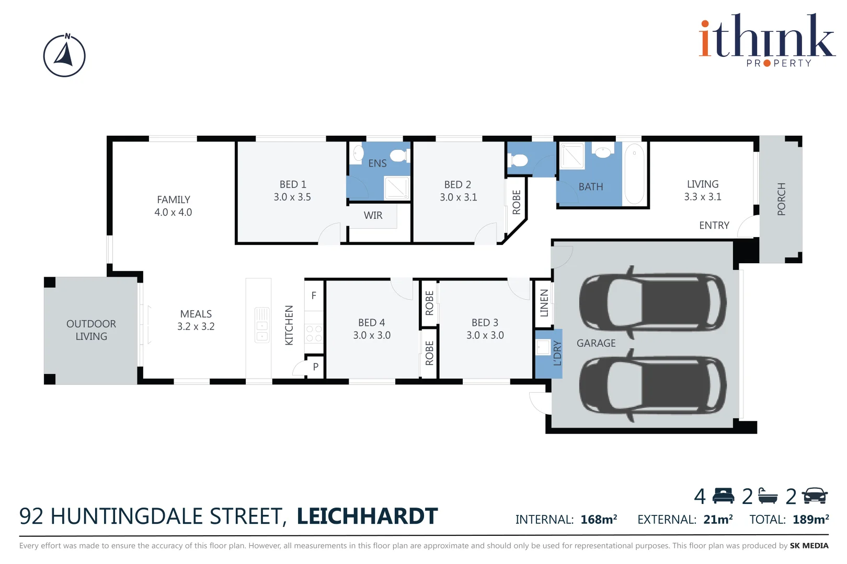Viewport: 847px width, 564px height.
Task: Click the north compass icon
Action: pos(64,56)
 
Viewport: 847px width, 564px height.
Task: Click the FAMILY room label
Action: pos(173,199)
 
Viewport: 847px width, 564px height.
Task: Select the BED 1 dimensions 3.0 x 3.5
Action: pos(292,197)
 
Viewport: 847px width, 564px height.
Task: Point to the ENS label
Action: pos(377,163)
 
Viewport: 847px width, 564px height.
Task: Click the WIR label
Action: pos(373,215)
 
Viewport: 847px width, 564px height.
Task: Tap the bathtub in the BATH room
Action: pos(634,174)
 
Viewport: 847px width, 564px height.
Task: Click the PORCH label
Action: pos(781,199)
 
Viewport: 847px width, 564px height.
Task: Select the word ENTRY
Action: pos(714,225)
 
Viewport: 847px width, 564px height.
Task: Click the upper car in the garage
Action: pos(652,302)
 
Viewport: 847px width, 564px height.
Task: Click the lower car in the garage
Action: pos(652,385)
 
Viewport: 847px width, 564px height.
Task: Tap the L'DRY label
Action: pos(557,353)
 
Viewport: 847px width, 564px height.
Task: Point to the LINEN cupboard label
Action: pos(544,303)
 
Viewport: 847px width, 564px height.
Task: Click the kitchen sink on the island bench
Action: pos(261,325)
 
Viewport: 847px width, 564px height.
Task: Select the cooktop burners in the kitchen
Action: pos(314,334)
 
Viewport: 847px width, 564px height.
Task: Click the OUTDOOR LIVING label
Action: pos(91,330)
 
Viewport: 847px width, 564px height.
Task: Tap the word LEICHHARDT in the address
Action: pos(367,516)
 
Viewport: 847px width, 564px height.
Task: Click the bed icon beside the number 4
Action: pos(723,496)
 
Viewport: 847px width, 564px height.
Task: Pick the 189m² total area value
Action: pos(810,520)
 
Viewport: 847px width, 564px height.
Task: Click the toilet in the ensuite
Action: pos(399,155)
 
